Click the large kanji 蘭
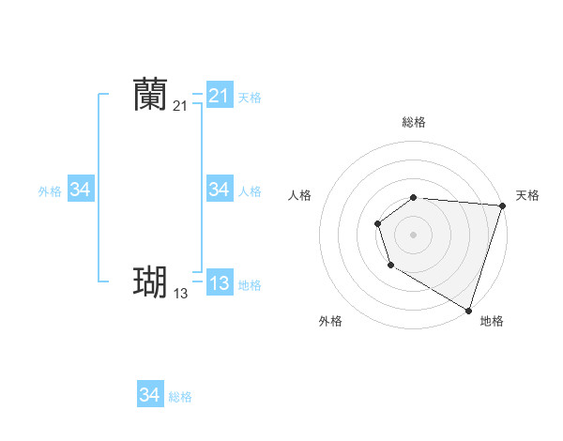(x=150, y=94)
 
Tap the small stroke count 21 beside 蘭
(x=180, y=106)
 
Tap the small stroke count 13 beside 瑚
(x=180, y=294)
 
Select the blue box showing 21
(x=219, y=96)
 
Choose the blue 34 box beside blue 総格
(x=149, y=395)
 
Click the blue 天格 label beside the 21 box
(x=250, y=98)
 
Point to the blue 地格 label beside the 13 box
(x=250, y=285)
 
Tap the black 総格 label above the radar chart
(x=414, y=122)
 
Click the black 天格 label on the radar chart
(x=527, y=195)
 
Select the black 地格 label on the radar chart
(x=492, y=322)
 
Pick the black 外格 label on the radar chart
(x=330, y=322)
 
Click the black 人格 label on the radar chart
(x=299, y=195)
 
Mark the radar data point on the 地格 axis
(x=468, y=309)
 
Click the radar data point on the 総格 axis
(x=414, y=197)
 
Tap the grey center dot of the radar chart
(x=414, y=234)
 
